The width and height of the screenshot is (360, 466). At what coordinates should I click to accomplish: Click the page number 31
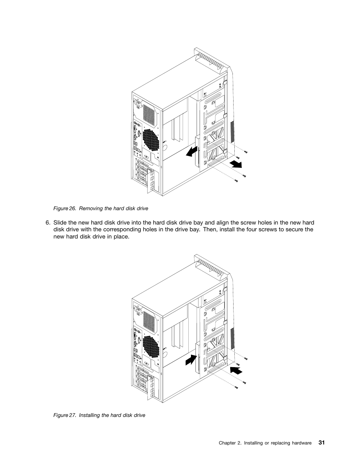click(321, 443)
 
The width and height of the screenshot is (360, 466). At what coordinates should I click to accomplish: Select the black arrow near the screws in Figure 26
click(236, 163)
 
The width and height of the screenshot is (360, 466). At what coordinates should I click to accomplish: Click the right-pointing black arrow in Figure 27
click(191, 361)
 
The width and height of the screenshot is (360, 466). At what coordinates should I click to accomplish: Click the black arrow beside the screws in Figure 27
click(236, 369)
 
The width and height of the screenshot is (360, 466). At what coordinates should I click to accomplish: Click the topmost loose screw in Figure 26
click(246, 152)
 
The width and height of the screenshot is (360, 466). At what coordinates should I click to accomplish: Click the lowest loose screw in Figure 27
click(236, 387)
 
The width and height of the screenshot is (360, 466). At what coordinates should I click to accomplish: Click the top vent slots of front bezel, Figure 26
click(212, 61)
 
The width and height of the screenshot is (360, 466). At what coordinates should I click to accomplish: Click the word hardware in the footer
click(301, 443)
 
